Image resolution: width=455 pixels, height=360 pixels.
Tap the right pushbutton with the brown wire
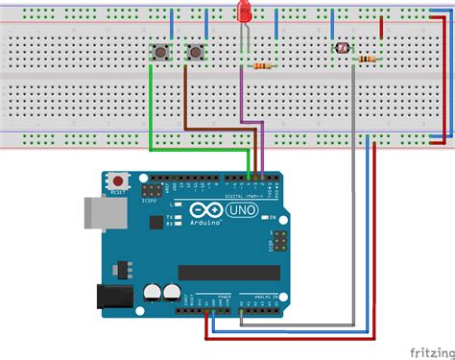click(197, 51)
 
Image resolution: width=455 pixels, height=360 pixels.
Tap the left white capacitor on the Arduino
click(154, 292)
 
